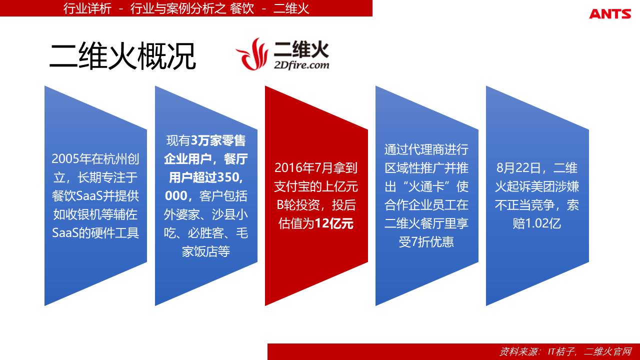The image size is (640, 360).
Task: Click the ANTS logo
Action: [610, 13]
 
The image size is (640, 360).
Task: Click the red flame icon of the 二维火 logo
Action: [252, 54]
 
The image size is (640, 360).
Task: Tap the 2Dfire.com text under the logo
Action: [301, 65]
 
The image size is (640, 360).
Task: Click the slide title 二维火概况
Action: [123, 56]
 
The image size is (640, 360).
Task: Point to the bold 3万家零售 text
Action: [218, 140]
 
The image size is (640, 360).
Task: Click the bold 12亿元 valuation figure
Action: [334, 223]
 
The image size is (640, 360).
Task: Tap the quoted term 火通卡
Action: [427, 186]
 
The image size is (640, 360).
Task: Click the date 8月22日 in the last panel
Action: [518, 168]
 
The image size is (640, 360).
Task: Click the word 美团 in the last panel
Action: [543, 186]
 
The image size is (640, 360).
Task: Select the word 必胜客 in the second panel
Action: [205, 233]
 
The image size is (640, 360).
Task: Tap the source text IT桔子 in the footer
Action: [561, 351]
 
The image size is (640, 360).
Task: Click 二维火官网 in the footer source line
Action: [608, 351]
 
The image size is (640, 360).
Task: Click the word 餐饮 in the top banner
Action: [241, 8]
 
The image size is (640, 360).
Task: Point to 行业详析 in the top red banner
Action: [87, 8]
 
